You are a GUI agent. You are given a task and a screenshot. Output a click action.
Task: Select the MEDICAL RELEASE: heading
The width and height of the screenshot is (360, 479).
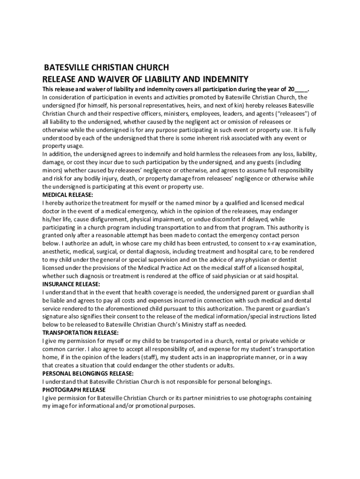pyautogui.click(x=68, y=195)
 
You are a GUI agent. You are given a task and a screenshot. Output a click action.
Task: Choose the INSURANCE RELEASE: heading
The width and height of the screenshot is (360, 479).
pyautogui.click(x=71, y=284)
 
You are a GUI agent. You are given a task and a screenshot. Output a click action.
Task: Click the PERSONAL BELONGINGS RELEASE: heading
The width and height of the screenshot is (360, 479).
pyautogui.click(x=88, y=373)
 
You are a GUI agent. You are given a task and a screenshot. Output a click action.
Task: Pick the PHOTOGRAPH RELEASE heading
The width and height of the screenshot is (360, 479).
pyautogui.click(x=74, y=390)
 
